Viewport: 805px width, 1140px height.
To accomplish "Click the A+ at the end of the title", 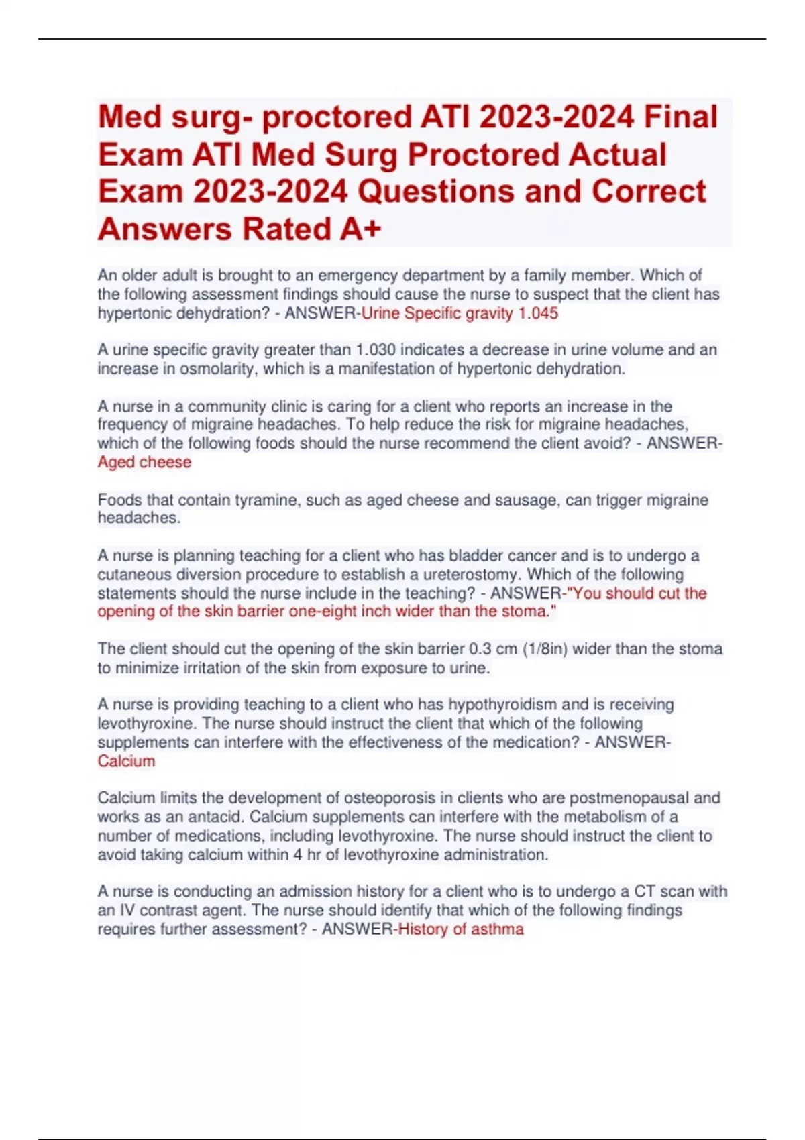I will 360,229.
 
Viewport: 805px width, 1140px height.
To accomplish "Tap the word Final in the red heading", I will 681,117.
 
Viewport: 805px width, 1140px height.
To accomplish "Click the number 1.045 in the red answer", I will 538,313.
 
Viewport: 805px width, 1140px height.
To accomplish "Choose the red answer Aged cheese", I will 144,462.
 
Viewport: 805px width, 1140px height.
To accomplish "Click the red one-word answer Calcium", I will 126,761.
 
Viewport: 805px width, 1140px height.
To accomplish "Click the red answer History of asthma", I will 461,929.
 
